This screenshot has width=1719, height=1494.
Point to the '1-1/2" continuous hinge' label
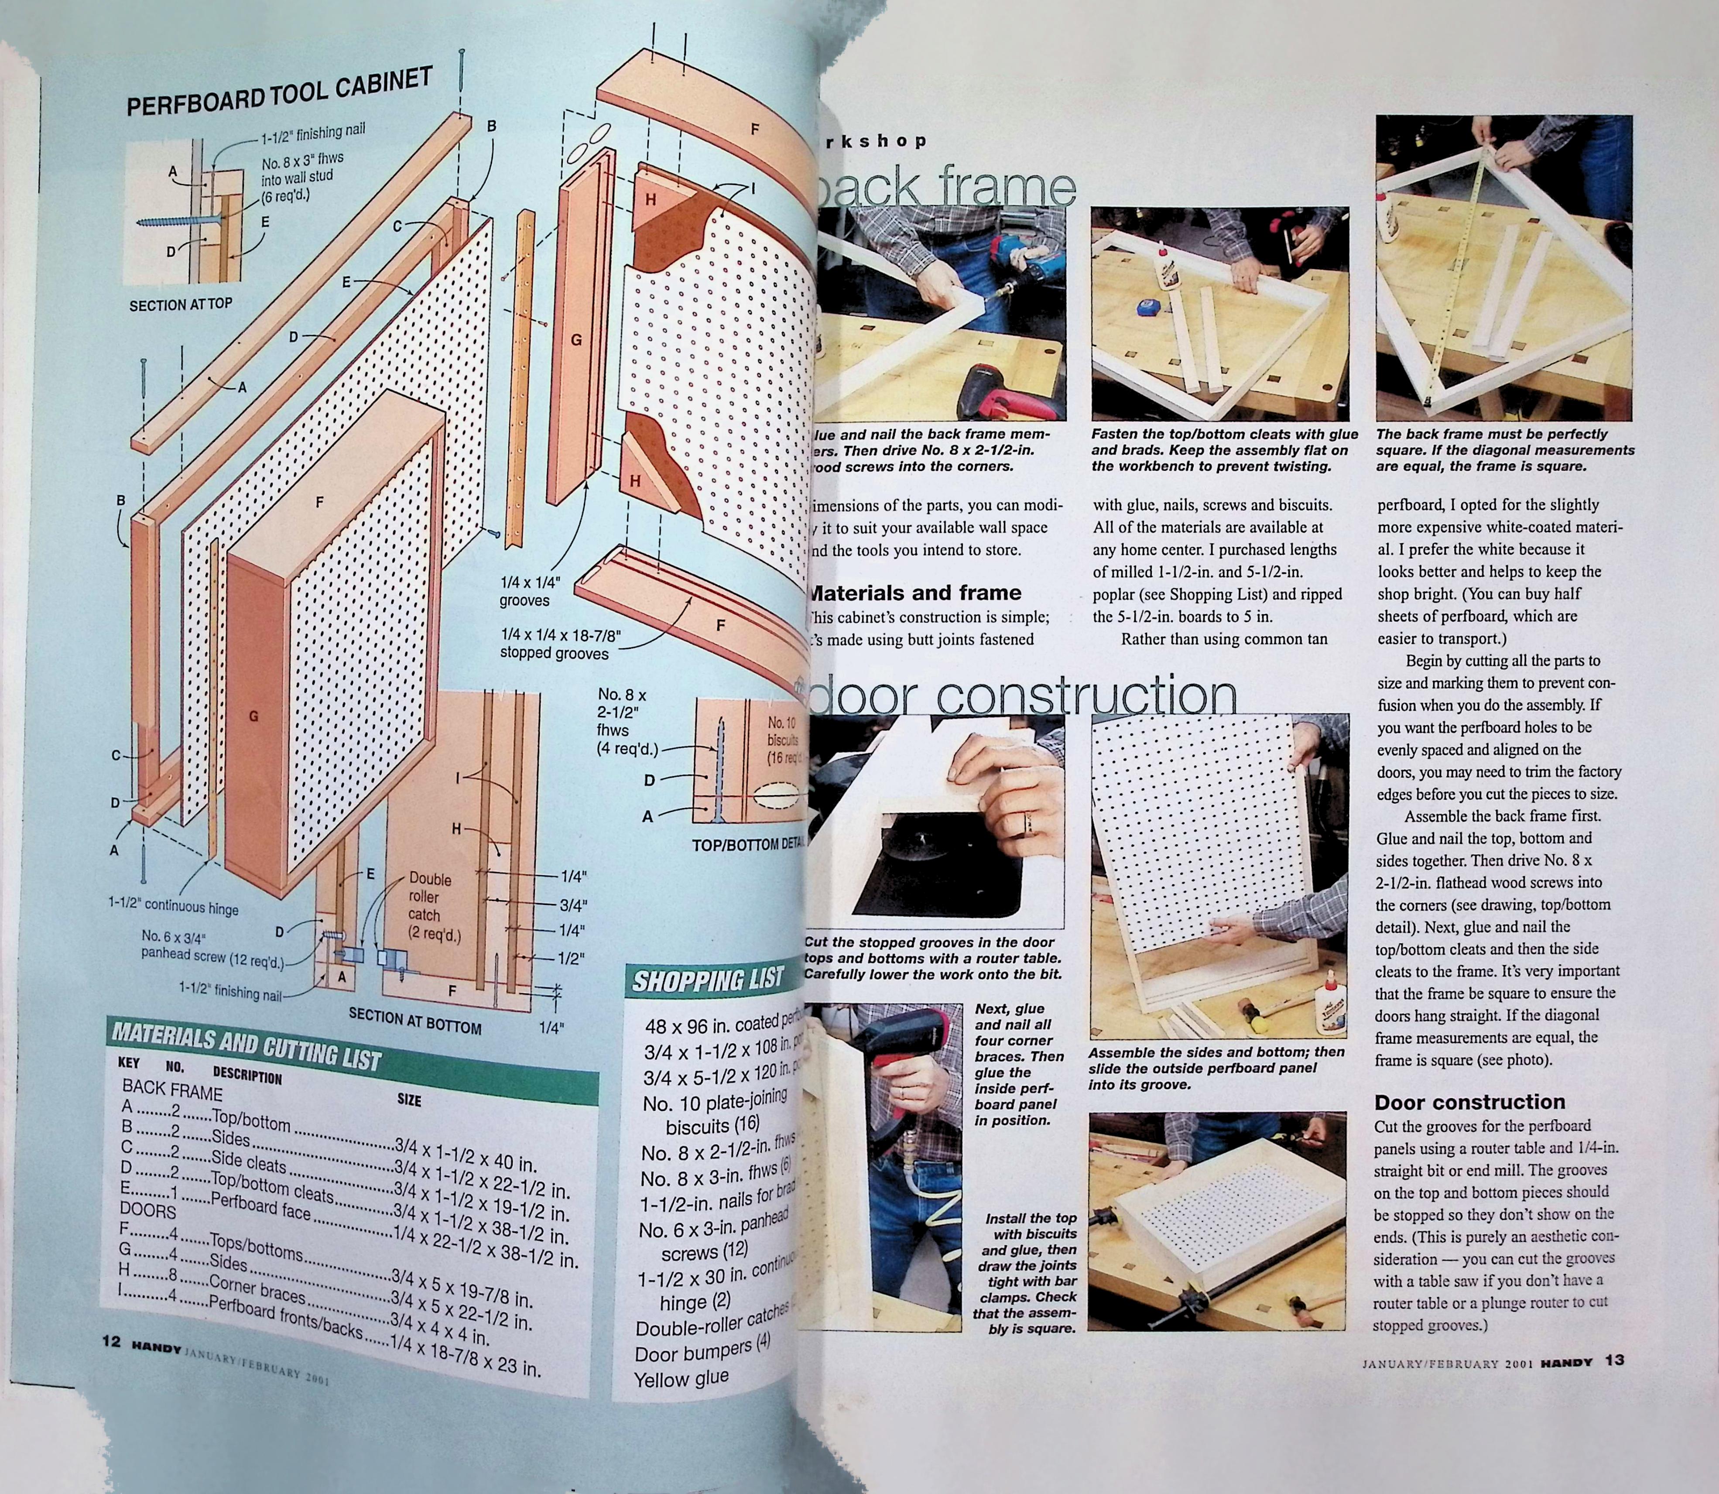point(173,906)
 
